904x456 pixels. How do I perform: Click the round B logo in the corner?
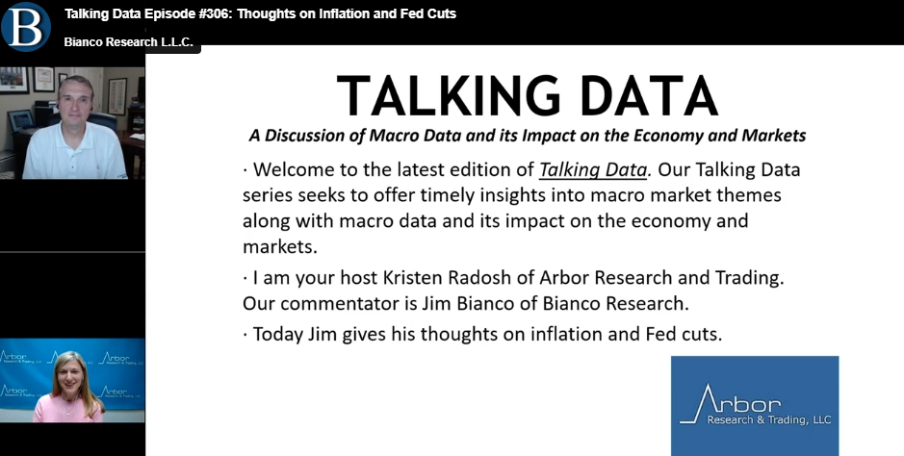pos(25,27)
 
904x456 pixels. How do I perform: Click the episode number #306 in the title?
pos(214,13)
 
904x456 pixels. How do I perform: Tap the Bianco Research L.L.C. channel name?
pos(128,42)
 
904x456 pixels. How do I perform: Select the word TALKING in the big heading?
pos(448,95)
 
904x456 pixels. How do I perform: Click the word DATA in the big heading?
pos(649,95)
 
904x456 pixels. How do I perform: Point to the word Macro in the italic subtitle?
pos(390,136)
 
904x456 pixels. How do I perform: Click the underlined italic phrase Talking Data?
pos(593,170)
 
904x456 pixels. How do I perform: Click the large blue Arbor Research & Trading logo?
pos(755,405)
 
